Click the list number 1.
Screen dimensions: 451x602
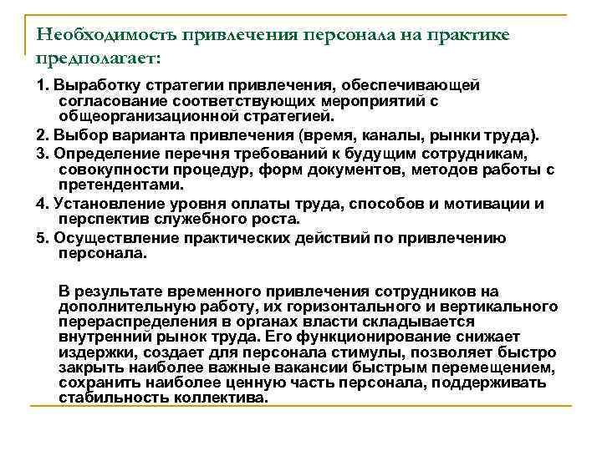click(40, 84)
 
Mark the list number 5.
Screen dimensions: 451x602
click(40, 236)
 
